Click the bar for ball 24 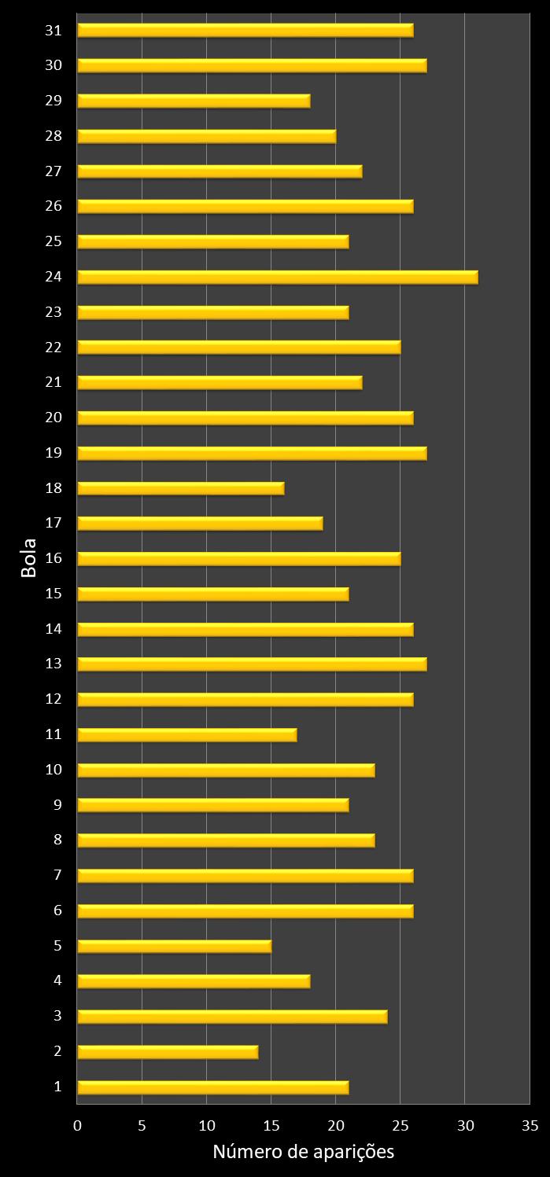tap(277, 277)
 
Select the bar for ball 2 tap(168, 1052)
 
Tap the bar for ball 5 tap(174, 946)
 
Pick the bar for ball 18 tap(180, 488)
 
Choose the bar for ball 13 tap(252, 664)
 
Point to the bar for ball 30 tap(252, 65)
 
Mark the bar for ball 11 tap(186, 734)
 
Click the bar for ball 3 tap(232, 1017)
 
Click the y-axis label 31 tap(54, 30)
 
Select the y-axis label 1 tap(57, 1087)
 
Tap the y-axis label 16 tap(54, 558)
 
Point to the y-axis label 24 tap(54, 277)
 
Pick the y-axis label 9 tap(57, 804)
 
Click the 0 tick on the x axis tap(77, 1126)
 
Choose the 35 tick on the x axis tap(530, 1126)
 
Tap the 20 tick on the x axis tap(336, 1126)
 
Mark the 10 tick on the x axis tap(206, 1126)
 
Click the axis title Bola tap(29, 558)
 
